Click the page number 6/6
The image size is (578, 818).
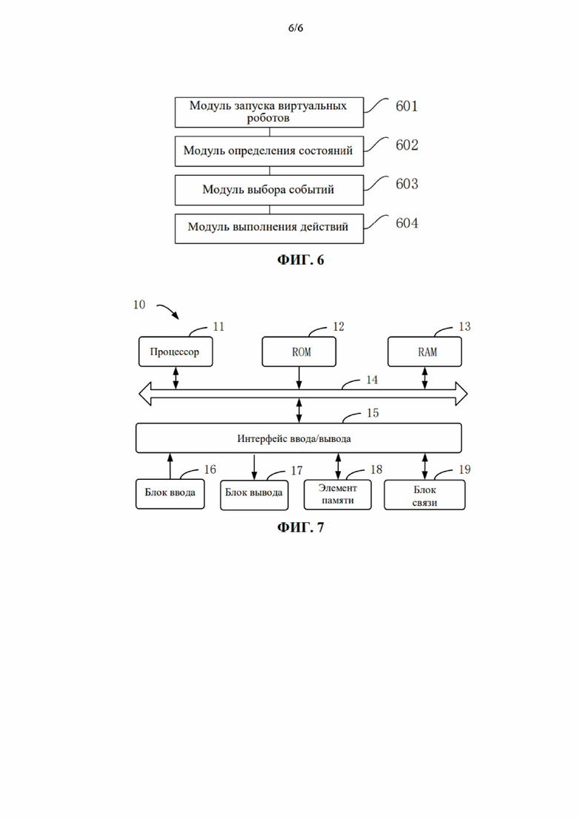coord(296,27)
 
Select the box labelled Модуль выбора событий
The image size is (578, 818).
coord(269,190)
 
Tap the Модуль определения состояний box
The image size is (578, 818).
coord(269,151)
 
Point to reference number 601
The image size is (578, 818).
coord(407,106)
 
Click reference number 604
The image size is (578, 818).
coord(407,223)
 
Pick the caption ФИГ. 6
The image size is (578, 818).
coord(300,260)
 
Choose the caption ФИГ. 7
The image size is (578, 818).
coord(300,527)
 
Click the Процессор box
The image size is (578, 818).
coord(176,352)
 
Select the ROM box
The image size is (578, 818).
coord(299,352)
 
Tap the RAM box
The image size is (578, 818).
coord(425,352)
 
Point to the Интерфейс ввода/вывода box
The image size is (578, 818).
coord(299,438)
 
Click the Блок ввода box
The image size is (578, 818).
coord(170,493)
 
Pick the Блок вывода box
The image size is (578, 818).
coord(254,495)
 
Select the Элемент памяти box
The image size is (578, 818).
coord(338,495)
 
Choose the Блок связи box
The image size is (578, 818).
coord(425,495)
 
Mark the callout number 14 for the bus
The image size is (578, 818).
coord(371,380)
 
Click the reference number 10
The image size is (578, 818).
coord(139,305)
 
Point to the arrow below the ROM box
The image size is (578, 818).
coord(299,378)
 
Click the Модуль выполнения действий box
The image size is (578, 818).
coord(269,228)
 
